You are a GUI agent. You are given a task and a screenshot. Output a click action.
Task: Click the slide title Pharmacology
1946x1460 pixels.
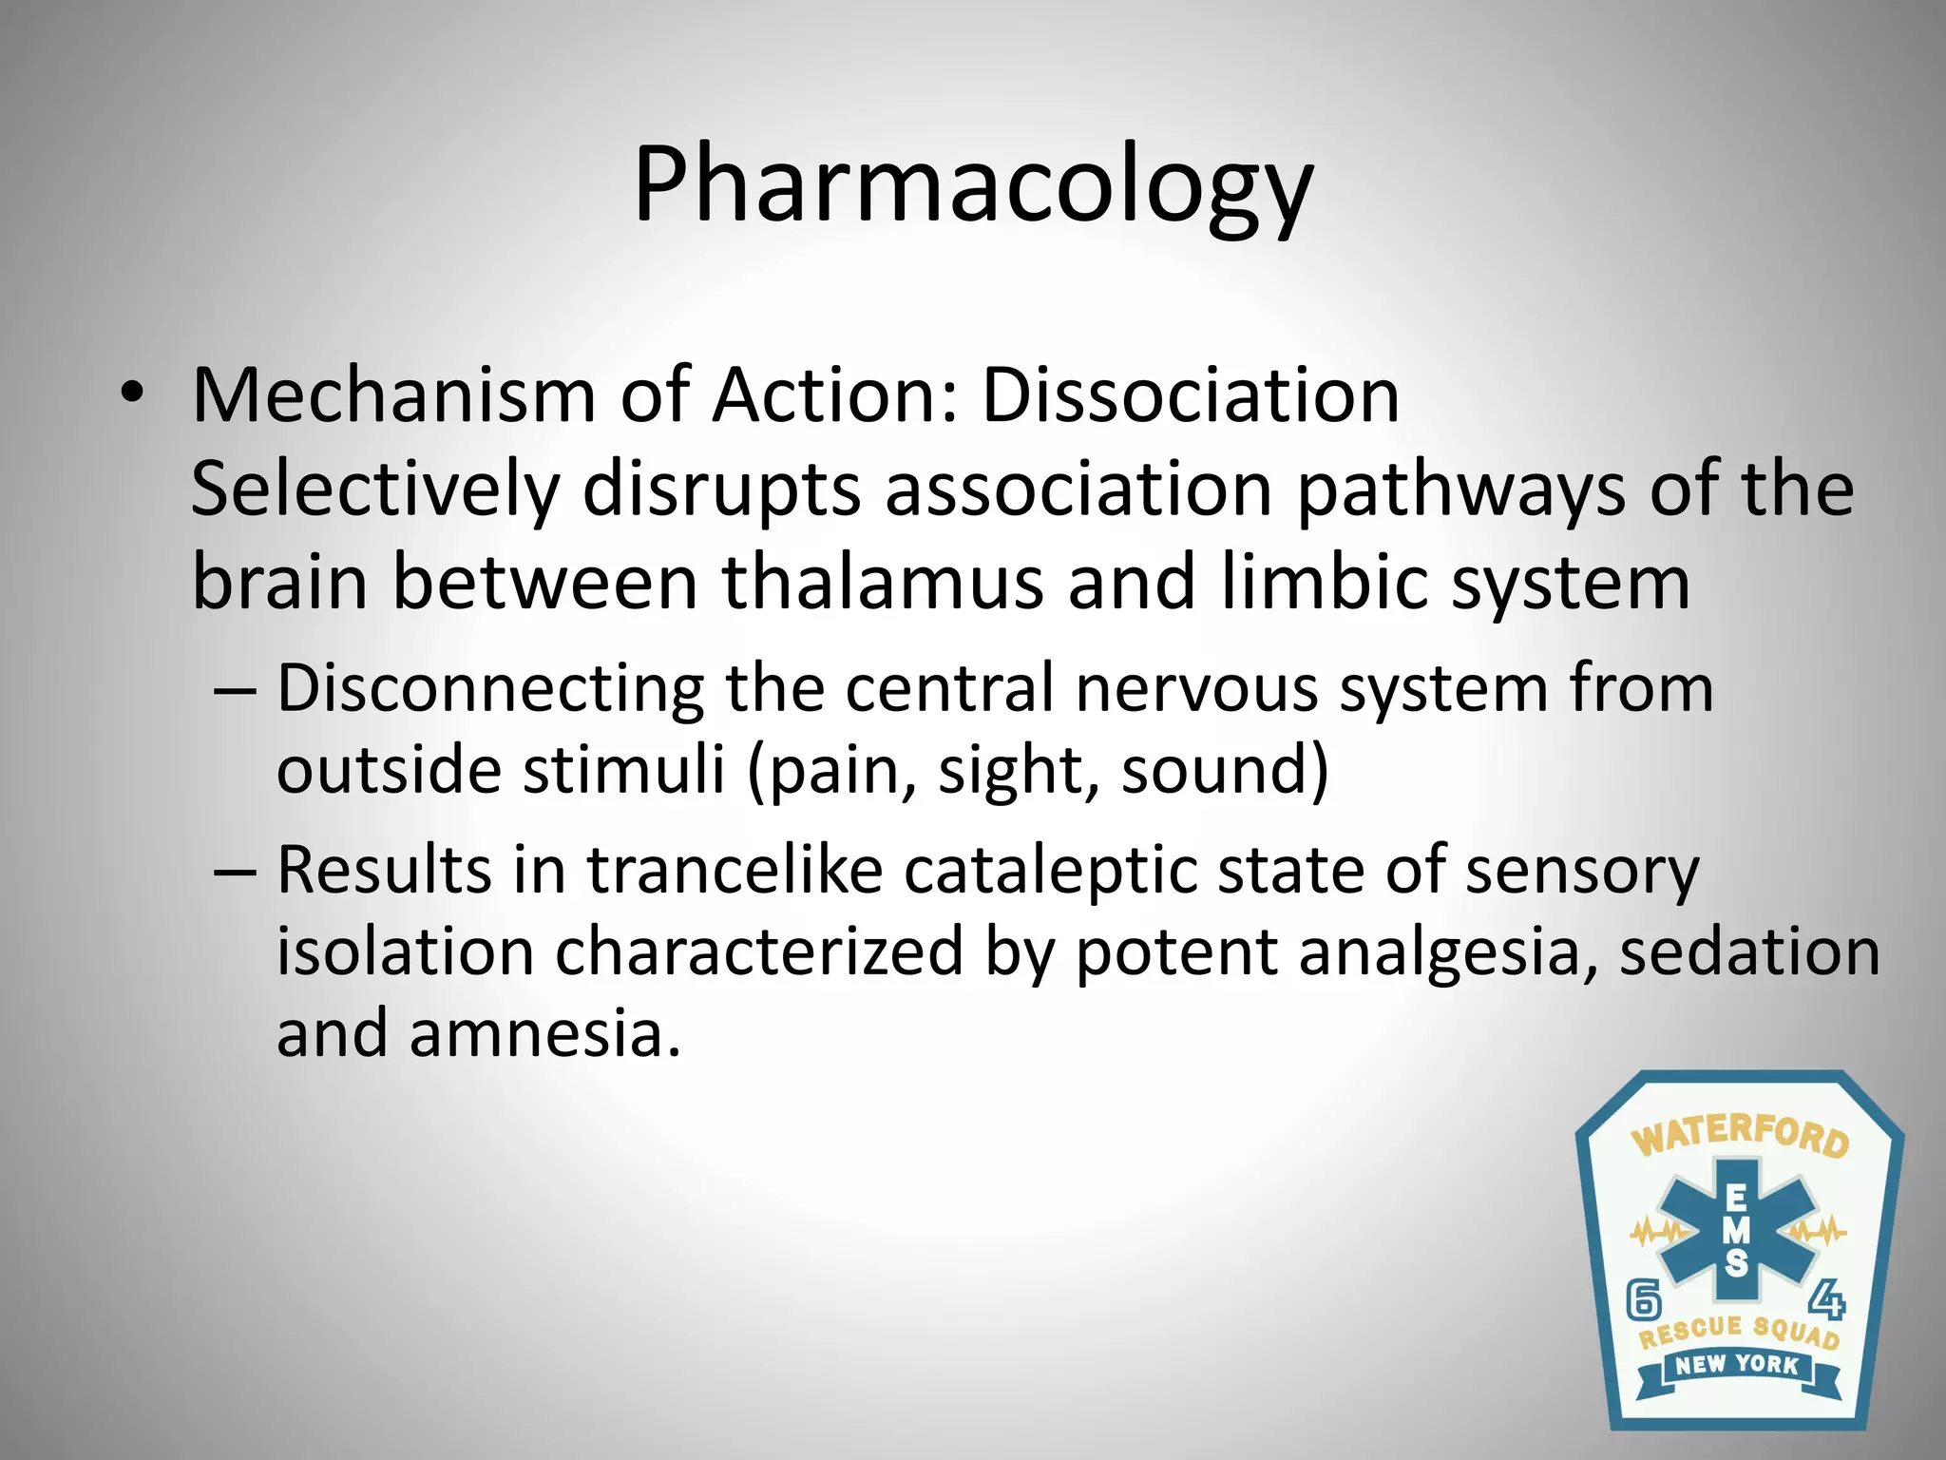coord(972,185)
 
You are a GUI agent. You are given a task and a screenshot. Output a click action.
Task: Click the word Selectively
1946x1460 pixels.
coord(374,490)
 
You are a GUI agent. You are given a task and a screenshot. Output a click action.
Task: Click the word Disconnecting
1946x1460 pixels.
coord(490,687)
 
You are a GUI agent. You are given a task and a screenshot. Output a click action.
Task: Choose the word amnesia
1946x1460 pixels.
coord(545,1033)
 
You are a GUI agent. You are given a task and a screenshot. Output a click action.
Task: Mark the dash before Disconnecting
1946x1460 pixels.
coord(235,688)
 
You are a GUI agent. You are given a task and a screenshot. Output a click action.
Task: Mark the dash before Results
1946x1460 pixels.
coord(235,871)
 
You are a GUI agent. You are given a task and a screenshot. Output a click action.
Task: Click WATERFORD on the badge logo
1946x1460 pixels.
coord(1740,1137)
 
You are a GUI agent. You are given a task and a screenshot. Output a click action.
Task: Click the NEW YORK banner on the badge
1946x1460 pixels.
coord(1737,1365)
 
